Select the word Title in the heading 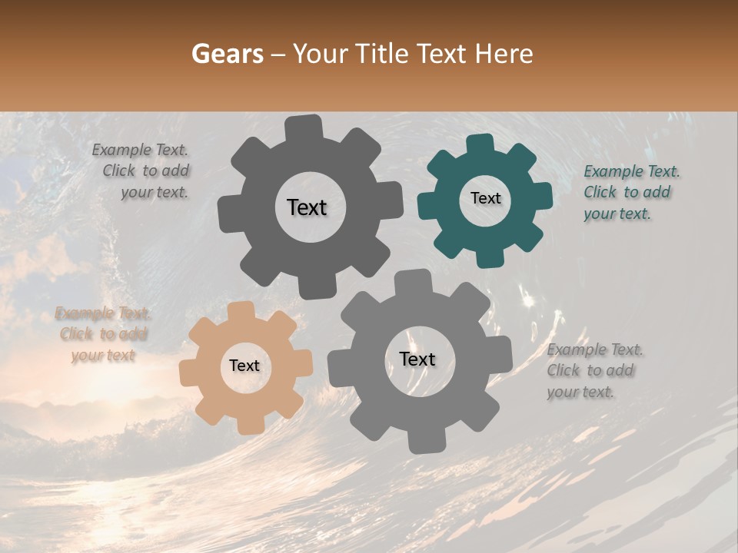coord(383,54)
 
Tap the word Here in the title coord(504,54)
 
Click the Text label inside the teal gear coord(485,198)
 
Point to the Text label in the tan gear coord(244,366)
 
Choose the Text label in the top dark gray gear coord(307,207)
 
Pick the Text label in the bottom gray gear coord(417,359)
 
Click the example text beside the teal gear coord(631,192)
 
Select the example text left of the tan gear coord(103,334)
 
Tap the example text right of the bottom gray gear coord(594,371)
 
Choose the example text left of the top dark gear coord(144,171)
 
